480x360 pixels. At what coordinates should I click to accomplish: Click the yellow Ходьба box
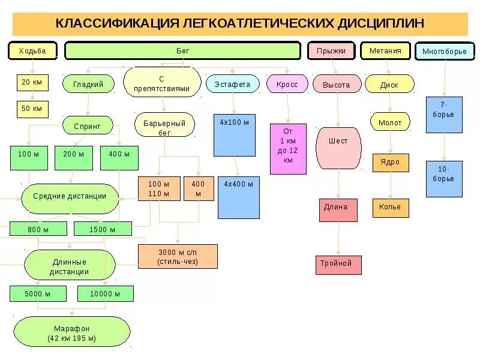[32, 50]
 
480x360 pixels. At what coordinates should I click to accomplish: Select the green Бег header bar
[182, 50]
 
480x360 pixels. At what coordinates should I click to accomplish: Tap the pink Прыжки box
[331, 50]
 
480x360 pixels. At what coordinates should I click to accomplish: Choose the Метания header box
[385, 50]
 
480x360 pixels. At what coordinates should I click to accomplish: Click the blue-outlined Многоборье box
[444, 51]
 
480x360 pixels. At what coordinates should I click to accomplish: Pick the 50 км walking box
[32, 109]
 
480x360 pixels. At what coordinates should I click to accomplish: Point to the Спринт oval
[87, 125]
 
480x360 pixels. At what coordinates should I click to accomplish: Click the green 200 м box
[74, 157]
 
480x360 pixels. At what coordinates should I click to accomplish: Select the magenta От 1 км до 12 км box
[288, 148]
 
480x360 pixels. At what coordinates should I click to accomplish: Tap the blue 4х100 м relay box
[234, 135]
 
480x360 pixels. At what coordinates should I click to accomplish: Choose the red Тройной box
[338, 265]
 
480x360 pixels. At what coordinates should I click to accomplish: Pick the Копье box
[390, 208]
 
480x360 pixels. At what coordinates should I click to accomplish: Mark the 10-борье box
[444, 179]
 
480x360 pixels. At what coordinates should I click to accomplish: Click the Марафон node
[71, 333]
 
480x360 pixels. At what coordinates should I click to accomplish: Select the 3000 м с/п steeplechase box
[178, 256]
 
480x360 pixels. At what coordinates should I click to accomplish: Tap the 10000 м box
[105, 293]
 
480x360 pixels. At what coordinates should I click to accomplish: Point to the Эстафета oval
[232, 85]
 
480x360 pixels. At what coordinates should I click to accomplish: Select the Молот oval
[390, 122]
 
